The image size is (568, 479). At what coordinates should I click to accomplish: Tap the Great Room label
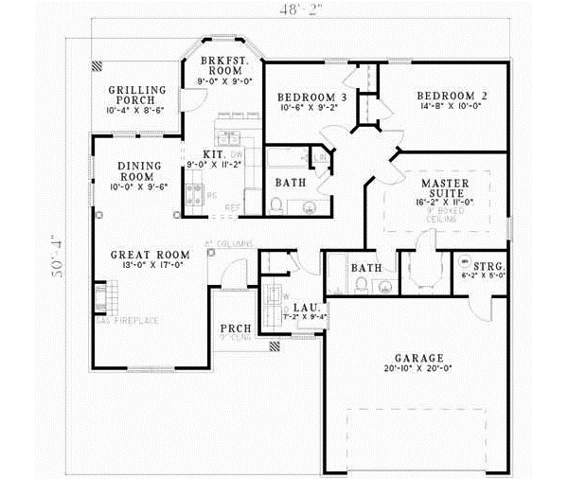[149, 254]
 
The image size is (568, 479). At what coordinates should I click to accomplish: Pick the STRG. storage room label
[471, 262]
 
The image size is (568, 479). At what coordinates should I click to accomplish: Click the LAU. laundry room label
[304, 307]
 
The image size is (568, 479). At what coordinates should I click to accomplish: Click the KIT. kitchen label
[212, 153]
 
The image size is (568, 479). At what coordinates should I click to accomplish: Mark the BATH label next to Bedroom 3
[289, 182]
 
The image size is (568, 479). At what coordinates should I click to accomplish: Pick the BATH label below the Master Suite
[365, 268]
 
